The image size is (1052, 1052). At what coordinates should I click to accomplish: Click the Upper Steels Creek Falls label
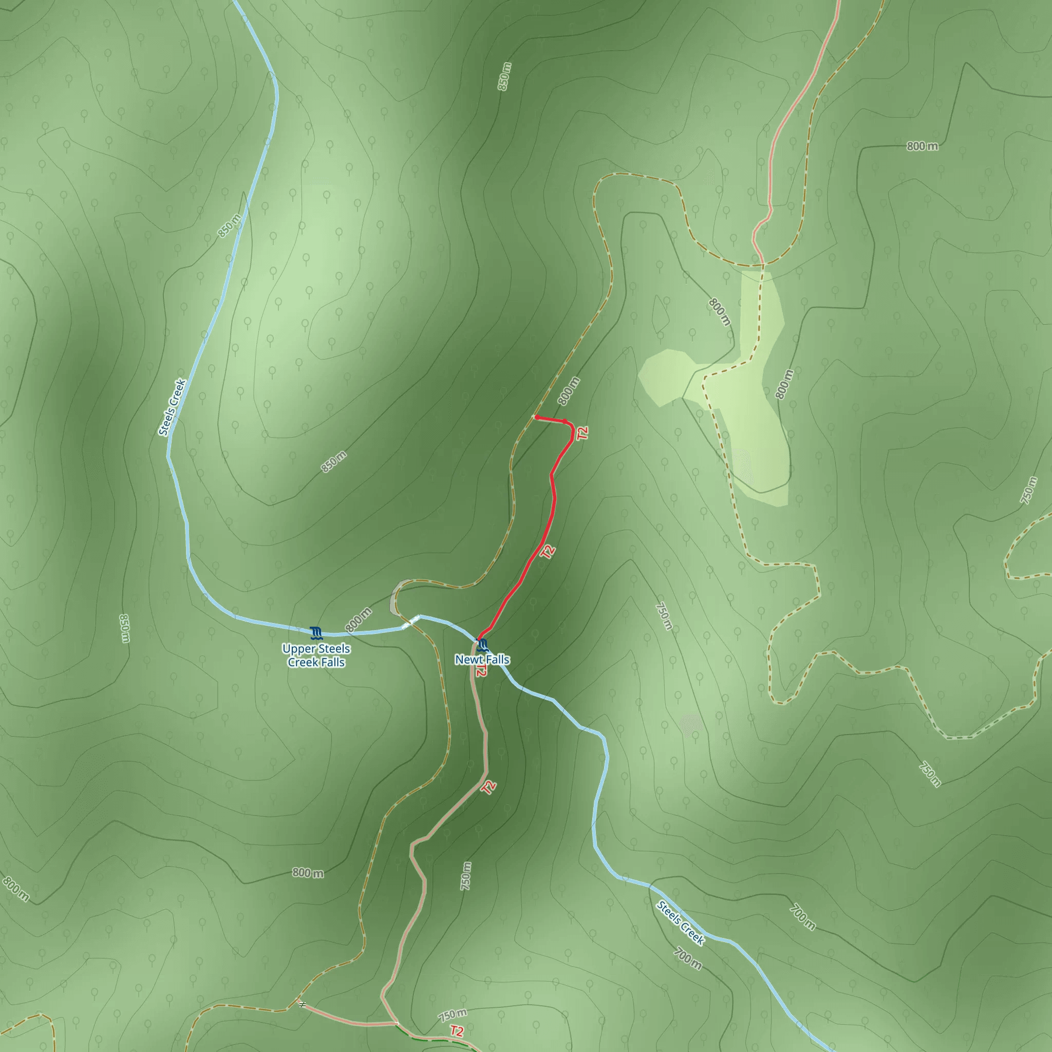316,655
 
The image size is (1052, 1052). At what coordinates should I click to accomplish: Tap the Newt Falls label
482,660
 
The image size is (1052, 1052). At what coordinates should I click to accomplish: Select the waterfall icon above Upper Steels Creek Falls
316,632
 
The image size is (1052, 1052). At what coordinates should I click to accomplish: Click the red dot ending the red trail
536,417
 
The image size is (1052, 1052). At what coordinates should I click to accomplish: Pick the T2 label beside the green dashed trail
457,1031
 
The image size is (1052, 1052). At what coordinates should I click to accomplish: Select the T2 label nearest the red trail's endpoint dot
583,434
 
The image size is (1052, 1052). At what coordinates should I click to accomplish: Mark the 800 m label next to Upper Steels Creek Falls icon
359,620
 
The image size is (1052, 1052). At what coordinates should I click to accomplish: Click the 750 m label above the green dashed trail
453,1015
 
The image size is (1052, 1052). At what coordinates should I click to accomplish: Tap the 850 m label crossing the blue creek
229,226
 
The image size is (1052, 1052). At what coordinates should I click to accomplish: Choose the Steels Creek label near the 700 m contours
680,923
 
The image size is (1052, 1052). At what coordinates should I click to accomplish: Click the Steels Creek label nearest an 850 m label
172,407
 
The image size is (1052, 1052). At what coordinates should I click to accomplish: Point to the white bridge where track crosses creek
411,622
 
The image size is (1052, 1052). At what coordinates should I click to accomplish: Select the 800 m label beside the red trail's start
569,391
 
